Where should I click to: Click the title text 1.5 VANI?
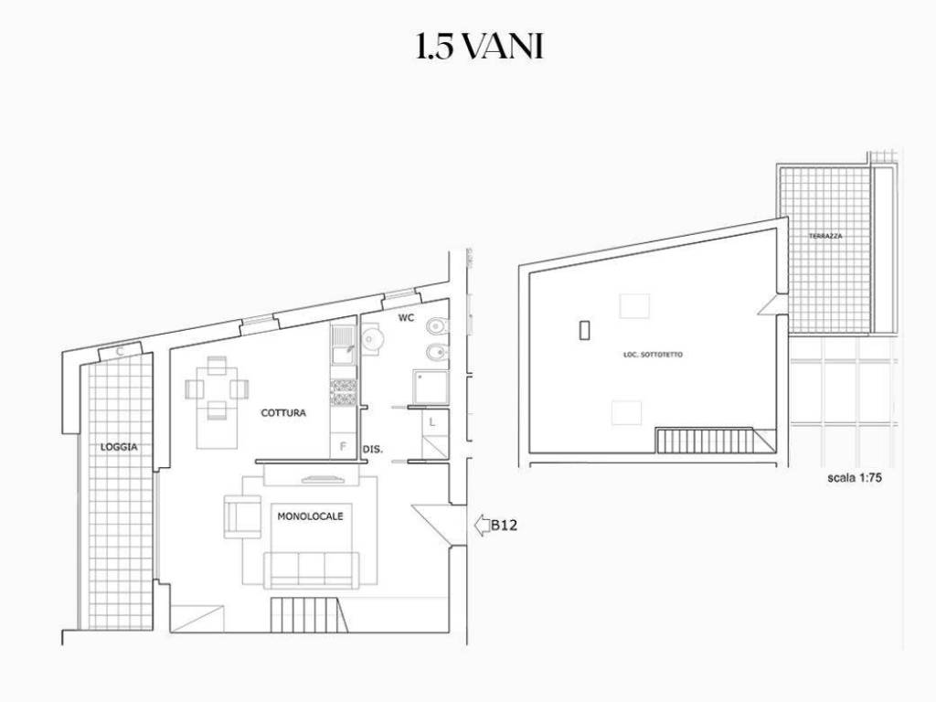(479, 47)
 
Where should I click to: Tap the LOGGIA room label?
(119, 446)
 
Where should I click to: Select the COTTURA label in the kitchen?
(283, 412)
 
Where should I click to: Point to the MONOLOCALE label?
(311, 516)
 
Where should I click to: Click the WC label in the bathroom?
(406, 317)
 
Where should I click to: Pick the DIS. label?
(373, 450)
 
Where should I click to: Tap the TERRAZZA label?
(825, 237)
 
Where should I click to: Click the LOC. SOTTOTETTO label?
(653, 355)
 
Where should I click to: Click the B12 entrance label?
(504, 526)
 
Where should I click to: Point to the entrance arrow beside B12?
(481, 526)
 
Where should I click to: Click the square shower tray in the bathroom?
(430, 388)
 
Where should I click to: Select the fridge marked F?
(344, 445)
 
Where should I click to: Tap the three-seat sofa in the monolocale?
(312, 570)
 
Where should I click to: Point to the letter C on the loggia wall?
(120, 352)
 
